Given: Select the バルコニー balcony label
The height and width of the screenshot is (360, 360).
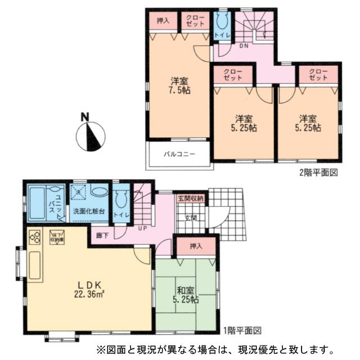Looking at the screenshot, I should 179,153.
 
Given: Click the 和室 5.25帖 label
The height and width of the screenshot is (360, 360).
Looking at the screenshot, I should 185,295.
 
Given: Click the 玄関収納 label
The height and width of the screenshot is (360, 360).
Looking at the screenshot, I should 191,199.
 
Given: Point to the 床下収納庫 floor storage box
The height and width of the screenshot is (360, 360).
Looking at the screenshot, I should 57,237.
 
